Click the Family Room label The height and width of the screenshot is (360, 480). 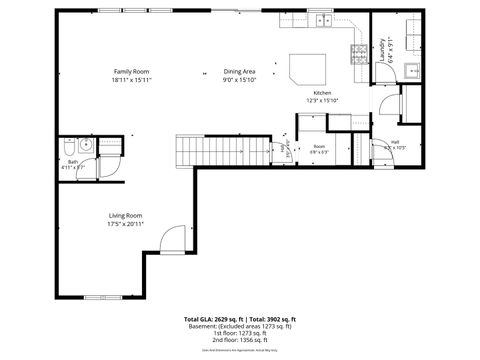pyautogui.click(x=131, y=72)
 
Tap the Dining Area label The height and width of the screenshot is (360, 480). pyautogui.click(x=239, y=72)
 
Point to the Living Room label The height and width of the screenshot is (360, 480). pyautogui.click(x=125, y=216)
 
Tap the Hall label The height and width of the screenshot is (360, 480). pyautogui.click(x=395, y=142)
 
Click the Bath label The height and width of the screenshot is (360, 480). pyautogui.click(x=72, y=161)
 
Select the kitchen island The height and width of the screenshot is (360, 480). pyautogui.click(x=306, y=68)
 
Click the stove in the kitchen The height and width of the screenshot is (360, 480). pyautogui.click(x=358, y=51)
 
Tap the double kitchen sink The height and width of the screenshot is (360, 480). pyautogui.click(x=323, y=20)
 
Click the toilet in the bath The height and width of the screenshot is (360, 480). pyautogui.click(x=65, y=147)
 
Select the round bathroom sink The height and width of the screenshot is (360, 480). pyautogui.click(x=86, y=145)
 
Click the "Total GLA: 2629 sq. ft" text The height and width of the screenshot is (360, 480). pyautogui.click(x=213, y=318)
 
